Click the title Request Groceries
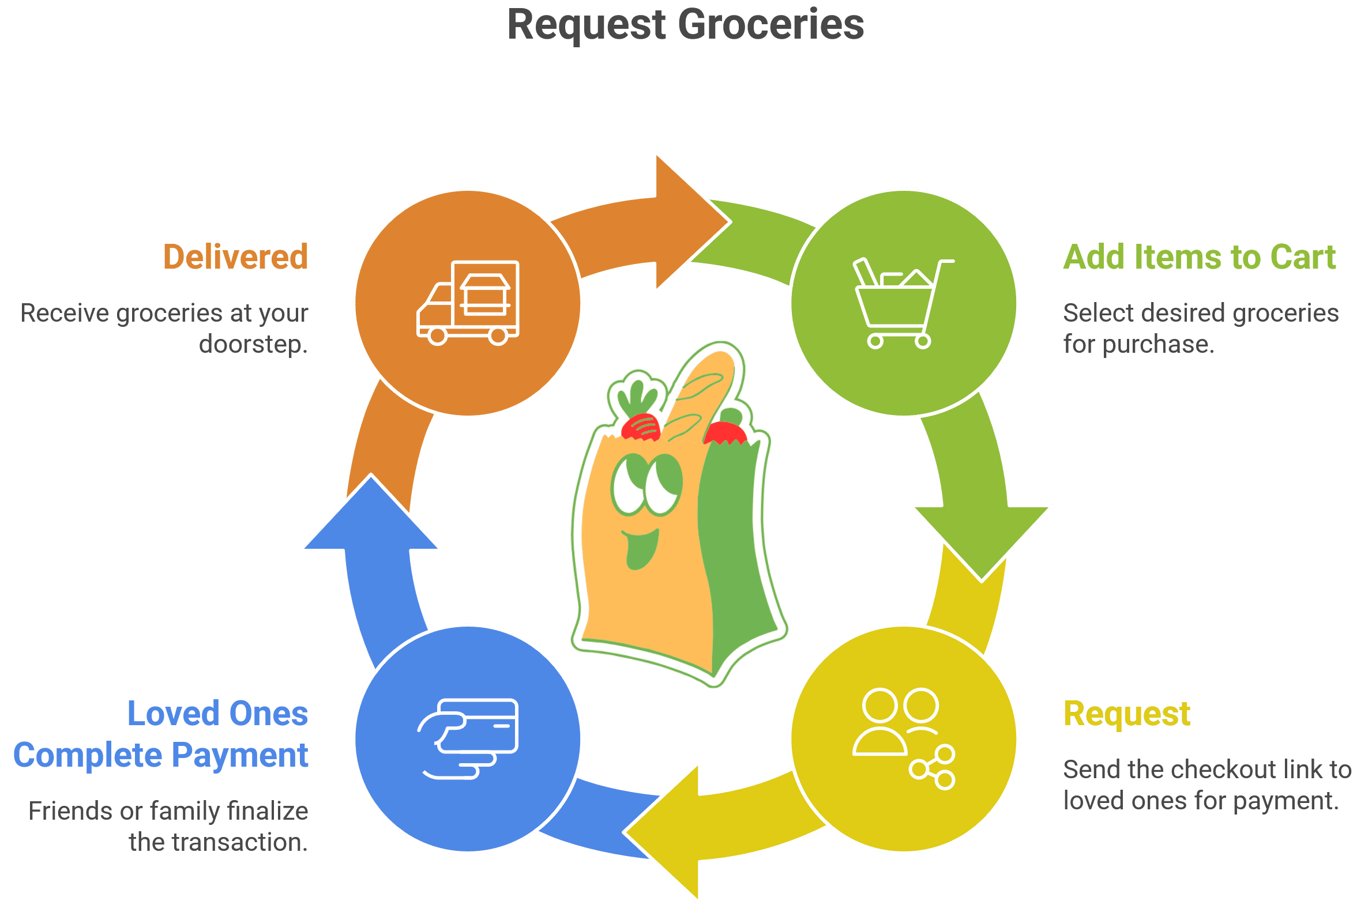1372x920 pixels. tap(685, 25)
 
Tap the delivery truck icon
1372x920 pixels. tap(468, 303)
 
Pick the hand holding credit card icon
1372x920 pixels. tap(468, 738)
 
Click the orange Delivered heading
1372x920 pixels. tap(235, 257)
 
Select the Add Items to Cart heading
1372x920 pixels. tap(1200, 257)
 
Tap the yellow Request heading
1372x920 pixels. tap(1127, 714)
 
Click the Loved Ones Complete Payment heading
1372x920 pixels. tap(161, 734)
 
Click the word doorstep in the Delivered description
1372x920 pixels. tap(253, 344)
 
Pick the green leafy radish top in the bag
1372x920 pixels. tap(637, 393)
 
